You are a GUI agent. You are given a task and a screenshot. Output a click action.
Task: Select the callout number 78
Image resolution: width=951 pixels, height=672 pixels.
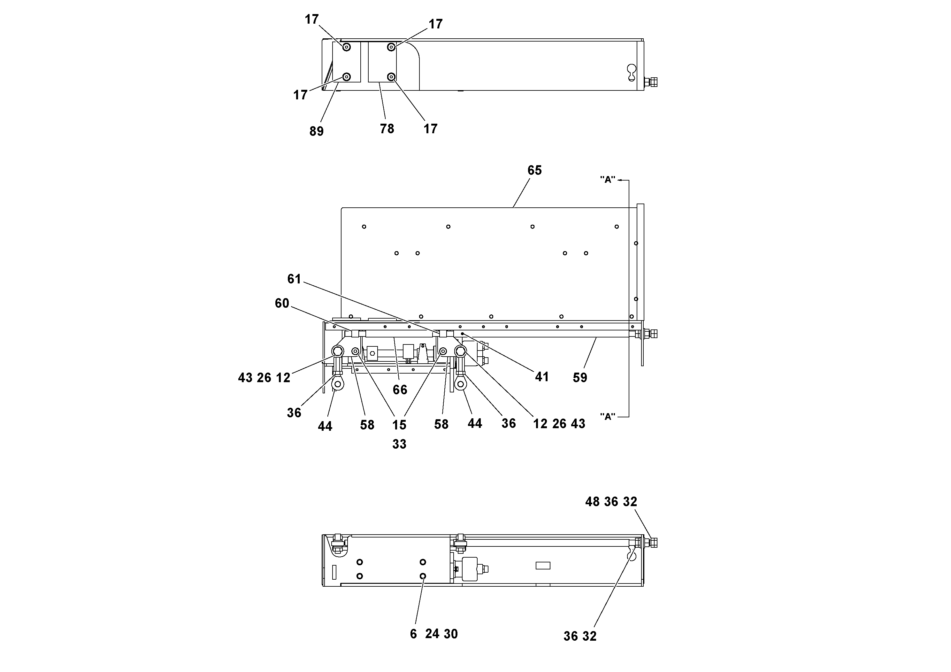387,129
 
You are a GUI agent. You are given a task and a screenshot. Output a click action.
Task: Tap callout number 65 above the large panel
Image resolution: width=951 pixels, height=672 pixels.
534,170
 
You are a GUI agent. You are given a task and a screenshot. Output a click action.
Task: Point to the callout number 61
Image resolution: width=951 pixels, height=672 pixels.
294,279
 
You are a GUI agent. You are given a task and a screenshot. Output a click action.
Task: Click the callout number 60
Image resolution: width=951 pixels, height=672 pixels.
282,303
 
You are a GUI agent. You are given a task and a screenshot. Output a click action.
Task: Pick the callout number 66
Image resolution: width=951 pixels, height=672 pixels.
400,390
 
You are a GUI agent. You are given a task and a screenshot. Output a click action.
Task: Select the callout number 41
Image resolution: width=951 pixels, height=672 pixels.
542,377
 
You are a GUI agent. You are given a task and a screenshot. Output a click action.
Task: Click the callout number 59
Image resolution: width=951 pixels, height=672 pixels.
580,377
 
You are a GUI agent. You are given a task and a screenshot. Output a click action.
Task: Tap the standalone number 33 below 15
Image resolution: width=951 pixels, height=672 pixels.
399,444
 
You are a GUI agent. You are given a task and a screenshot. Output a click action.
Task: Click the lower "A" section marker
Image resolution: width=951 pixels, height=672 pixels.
608,416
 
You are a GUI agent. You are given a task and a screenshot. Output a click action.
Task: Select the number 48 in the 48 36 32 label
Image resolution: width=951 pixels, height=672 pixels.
592,502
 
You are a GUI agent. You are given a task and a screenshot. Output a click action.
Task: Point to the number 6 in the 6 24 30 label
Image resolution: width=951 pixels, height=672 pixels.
413,634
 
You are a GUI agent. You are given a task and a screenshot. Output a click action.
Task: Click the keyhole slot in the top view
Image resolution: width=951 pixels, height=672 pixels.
631,72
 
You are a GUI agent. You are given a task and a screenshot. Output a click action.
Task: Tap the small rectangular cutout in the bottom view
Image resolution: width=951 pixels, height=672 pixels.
543,566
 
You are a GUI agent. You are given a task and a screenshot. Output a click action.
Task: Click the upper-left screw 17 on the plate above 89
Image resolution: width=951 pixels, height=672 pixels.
347,47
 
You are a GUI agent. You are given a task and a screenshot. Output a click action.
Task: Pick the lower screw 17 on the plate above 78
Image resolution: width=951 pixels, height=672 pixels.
391,77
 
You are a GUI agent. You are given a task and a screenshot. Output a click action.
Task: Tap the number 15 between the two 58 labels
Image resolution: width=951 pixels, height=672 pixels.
399,425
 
